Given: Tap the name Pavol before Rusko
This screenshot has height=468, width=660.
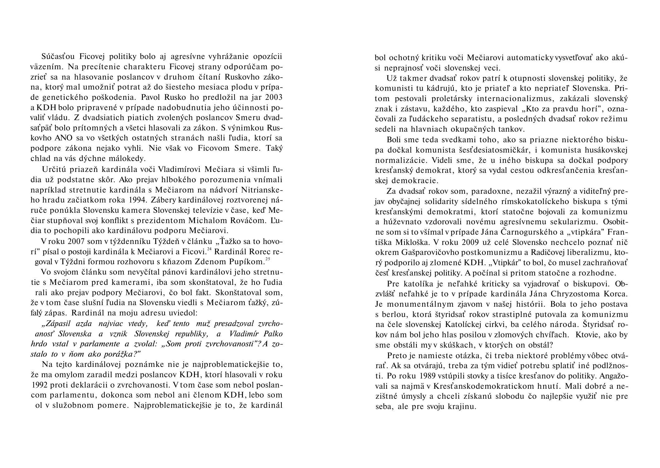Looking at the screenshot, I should [151, 97].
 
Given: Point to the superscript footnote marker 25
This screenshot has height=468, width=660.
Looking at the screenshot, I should [268, 259].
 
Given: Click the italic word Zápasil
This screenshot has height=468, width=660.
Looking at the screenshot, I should [57, 324].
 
